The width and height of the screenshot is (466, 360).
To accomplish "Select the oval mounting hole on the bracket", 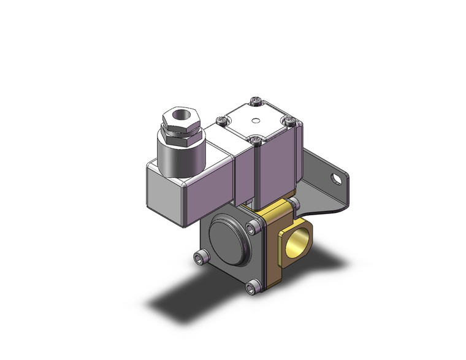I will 335,179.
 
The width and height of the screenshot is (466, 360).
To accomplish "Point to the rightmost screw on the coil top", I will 289,122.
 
